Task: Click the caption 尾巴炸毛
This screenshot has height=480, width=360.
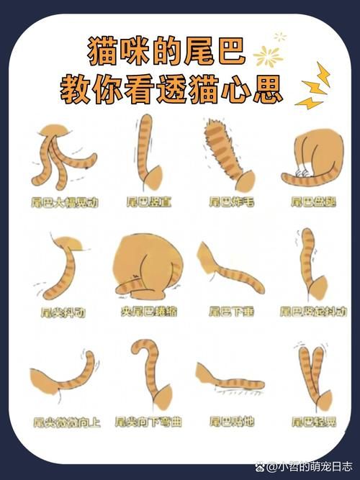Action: coord(231,202)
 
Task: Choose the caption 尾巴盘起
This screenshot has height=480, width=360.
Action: coord(313,202)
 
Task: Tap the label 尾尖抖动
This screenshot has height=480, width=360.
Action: coord(63,312)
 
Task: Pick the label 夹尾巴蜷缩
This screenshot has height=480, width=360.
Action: coord(149,312)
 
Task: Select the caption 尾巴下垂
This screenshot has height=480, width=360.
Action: coord(231,312)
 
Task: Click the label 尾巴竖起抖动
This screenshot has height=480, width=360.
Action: coord(313,312)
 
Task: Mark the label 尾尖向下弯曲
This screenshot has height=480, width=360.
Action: coord(149,421)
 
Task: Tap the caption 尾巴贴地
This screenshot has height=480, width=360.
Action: coord(231,421)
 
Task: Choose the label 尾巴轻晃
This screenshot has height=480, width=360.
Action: coord(313,421)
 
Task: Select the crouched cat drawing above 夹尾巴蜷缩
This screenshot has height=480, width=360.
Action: coord(148,266)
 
